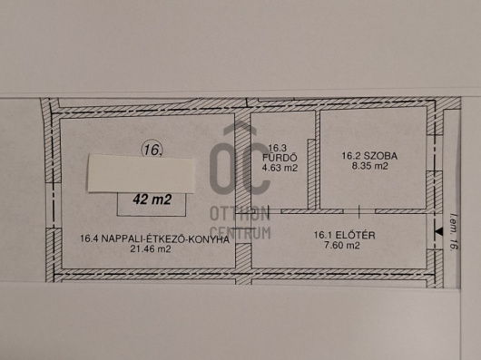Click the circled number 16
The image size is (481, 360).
[152, 148]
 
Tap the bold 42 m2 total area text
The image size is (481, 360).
[152, 201]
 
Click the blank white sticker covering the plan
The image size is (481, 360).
[141, 173]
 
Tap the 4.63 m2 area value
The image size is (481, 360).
[280, 167]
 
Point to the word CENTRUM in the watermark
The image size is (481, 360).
[240, 232]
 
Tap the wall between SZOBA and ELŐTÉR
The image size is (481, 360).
[372, 209]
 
